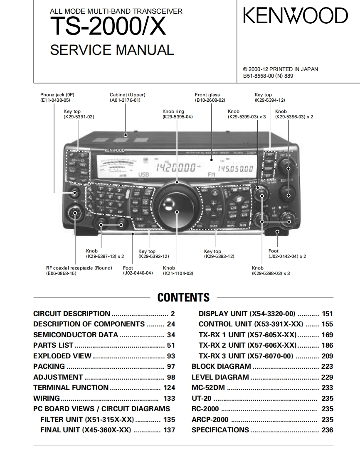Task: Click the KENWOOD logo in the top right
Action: click(x=295, y=16)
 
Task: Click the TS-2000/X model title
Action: click(x=108, y=27)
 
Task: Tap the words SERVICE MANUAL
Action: click(x=112, y=50)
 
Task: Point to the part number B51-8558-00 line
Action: click(x=268, y=76)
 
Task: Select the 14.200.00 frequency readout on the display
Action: click(x=175, y=168)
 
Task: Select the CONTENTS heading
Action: click(x=183, y=297)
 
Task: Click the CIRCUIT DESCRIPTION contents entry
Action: click(x=72, y=314)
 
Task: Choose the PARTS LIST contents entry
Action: click(x=53, y=345)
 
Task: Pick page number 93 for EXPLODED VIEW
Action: click(x=170, y=356)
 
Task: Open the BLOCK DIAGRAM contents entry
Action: click(x=221, y=366)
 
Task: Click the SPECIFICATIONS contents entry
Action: click(x=220, y=430)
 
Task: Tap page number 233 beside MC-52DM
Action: click(x=327, y=388)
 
